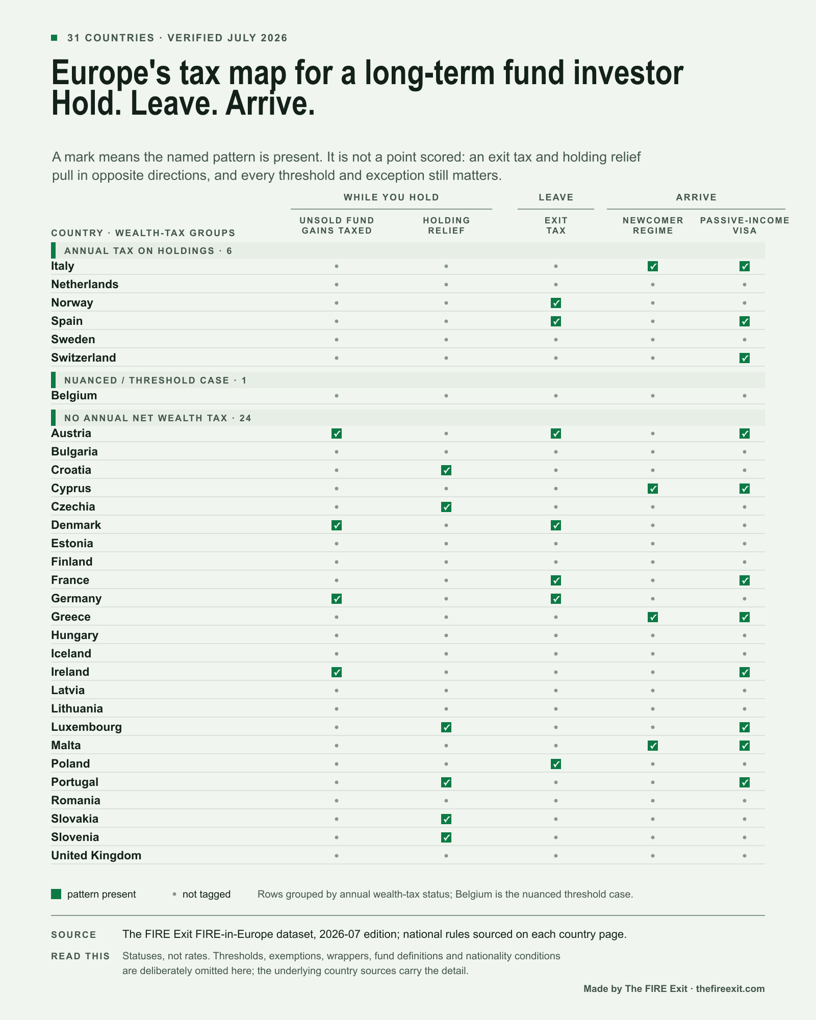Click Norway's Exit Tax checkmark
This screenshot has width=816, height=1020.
point(556,303)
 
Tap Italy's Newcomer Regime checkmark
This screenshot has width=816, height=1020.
point(653,266)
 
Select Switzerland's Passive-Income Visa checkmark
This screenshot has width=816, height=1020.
point(745,358)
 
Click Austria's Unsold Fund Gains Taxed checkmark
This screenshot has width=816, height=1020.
point(337,433)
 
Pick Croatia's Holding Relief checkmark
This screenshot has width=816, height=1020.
point(446,470)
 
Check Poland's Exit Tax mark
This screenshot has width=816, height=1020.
point(556,764)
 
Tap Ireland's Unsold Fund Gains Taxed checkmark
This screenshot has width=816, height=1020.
point(337,672)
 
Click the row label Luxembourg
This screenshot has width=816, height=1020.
point(86,727)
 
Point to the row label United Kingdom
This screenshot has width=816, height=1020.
point(96,855)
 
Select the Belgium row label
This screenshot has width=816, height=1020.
point(74,396)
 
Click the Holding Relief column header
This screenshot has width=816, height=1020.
point(446,225)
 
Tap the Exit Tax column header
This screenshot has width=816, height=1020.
point(556,225)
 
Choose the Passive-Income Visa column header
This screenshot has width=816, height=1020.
point(745,225)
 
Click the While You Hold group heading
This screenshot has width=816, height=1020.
point(391,197)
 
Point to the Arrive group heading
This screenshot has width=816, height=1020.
point(696,197)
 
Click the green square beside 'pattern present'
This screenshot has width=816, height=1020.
point(56,894)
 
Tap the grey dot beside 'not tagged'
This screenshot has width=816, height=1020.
point(174,894)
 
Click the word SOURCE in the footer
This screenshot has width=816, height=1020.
point(73,935)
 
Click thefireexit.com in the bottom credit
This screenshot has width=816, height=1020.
point(730,989)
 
